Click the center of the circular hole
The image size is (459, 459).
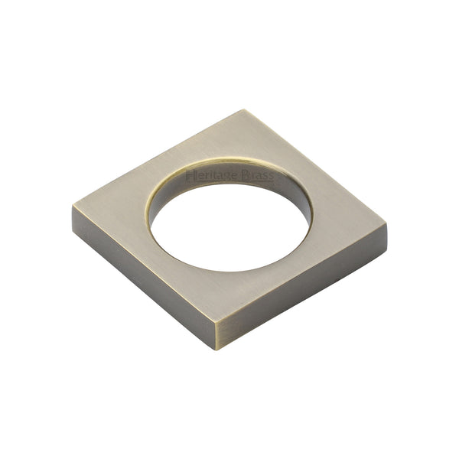click(230, 222)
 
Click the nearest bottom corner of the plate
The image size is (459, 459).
click(216, 327)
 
